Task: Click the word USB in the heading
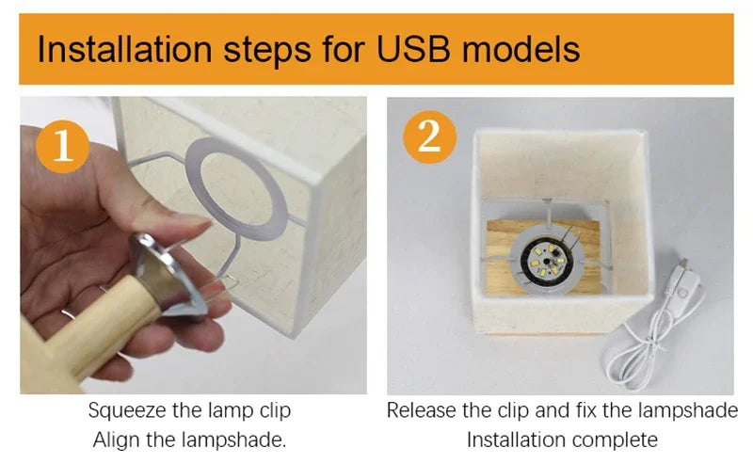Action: coord(414,49)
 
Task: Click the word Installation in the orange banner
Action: coord(124,49)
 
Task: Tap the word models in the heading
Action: coord(521,49)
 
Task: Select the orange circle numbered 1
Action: coord(62,147)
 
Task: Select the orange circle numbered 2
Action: coord(429,137)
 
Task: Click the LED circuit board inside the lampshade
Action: coord(547,262)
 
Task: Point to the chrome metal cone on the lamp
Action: coord(167,275)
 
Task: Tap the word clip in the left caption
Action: coord(275,411)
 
